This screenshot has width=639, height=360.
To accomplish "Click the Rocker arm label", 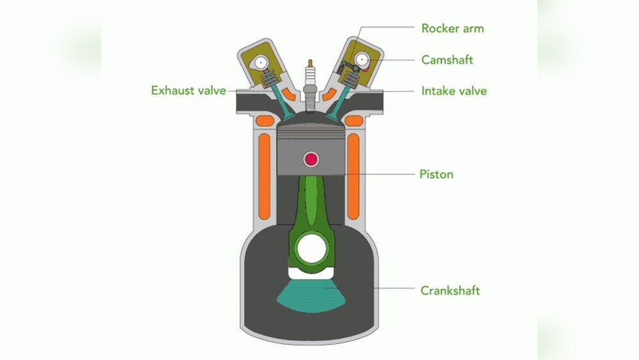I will pyautogui.click(x=451, y=28).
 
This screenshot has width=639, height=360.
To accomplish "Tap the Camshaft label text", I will pyautogui.click(x=447, y=59).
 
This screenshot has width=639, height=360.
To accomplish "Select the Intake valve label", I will pyautogui.click(x=454, y=91).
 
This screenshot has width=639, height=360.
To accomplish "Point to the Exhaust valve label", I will pyautogui.click(x=189, y=90).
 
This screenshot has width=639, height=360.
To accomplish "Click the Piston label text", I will pyautogui.click(x=436, y=173).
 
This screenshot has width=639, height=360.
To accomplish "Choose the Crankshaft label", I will pyautogui.click(x=450, y=290).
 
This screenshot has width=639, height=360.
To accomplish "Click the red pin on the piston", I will pyautogui.click(x=312, y=159).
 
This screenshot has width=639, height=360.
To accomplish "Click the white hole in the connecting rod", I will pyautogui.click(x=312, y=249).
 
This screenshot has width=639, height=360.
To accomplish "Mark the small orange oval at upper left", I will pyautogui.click(x=261, y=121).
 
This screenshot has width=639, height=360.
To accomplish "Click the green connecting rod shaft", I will pyautogui.click(x=311, y=205).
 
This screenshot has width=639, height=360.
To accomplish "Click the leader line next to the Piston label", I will pyautogui.click(x=383, y=173).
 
